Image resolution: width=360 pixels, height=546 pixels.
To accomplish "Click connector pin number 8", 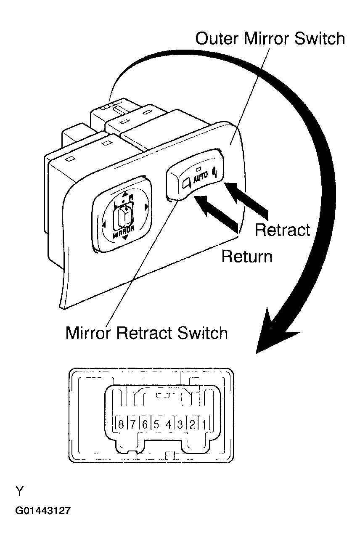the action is [121, 424].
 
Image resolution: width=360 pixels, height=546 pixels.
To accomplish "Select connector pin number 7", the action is [132, 424].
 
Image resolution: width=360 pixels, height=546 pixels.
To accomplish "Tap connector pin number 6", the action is [145, 424].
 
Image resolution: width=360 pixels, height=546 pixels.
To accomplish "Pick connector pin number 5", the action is [156, 424].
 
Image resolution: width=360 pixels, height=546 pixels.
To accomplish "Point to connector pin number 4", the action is [168, 424].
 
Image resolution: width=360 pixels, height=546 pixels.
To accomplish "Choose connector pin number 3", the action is [180, 424].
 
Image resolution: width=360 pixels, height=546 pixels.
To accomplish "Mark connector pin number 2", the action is [192, 424].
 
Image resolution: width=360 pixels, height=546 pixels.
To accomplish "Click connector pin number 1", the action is [204, 424].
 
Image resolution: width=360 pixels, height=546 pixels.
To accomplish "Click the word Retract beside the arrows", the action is [282, 230].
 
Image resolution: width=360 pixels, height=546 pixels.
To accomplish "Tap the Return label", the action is [247, 257].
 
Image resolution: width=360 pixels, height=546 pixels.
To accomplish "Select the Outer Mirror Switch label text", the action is [270, 39].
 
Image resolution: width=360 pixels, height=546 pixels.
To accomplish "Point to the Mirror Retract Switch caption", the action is [146, 333].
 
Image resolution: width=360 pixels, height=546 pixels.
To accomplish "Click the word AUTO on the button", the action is [200, 175].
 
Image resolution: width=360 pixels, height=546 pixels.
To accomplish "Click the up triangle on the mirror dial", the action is [125, 194].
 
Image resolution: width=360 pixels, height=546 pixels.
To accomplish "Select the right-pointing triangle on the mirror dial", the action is [146, 207].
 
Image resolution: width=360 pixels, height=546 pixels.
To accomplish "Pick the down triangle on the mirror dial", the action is [124, 238].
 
